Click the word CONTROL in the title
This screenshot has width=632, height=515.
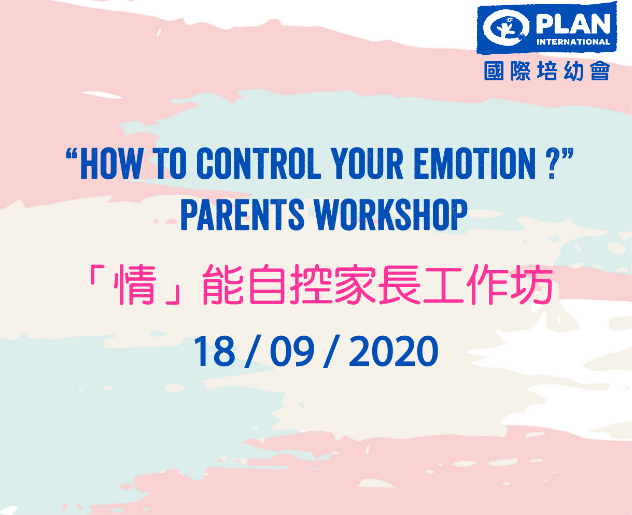(259, 164)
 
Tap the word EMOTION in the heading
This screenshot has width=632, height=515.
(475, 164)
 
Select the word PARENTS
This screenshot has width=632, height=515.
(243, 214)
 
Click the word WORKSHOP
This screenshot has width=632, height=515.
(391, 214)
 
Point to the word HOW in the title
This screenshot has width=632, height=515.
(111, 164)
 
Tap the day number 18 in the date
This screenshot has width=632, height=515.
(214, 351)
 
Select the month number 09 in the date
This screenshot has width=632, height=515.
(292, 351)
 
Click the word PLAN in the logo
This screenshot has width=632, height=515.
(573, 24)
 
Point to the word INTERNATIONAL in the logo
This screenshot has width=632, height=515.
(573, 41)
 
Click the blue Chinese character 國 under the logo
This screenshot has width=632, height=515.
(494, 71)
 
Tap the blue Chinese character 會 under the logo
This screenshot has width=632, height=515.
(600, 71)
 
